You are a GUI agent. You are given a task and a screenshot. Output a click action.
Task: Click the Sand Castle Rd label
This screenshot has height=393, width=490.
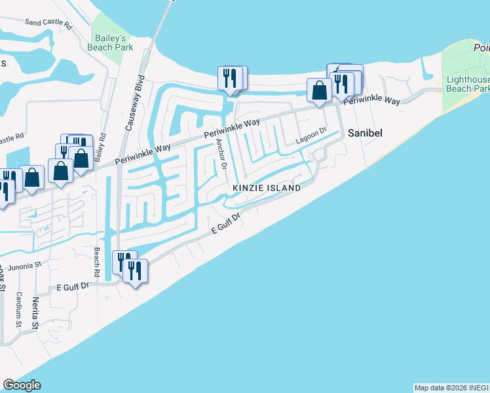[x=47, y=22]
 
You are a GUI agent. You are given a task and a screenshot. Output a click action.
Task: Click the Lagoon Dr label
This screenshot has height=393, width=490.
[x=311, y=135]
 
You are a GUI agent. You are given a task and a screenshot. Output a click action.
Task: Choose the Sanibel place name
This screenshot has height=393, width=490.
[x=364, y=132]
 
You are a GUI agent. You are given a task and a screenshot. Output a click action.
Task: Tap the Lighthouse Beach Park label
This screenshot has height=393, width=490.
[x=467, y=83]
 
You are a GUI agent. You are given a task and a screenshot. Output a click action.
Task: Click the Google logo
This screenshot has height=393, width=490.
[x=22, y=385]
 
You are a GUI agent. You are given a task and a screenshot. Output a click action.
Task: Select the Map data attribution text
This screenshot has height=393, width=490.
[x=451, y=388]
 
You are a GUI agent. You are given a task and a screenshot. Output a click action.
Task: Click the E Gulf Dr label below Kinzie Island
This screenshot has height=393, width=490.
[x=227, y=224]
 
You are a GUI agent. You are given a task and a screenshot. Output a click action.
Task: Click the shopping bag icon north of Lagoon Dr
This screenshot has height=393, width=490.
[x=319, y=90]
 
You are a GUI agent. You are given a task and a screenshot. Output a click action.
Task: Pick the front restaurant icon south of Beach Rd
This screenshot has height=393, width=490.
[x=135, y=271]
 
